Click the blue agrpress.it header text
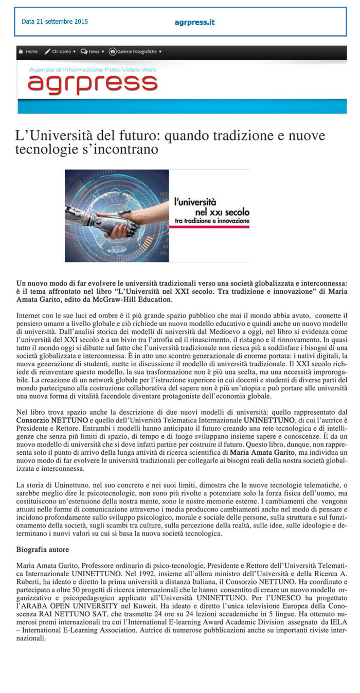194,22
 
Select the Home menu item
28,51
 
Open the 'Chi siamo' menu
60,51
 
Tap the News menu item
93,51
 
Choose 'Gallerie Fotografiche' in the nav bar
135,51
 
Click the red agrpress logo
93,83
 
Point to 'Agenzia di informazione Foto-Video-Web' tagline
93,69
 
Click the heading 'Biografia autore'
42,549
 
